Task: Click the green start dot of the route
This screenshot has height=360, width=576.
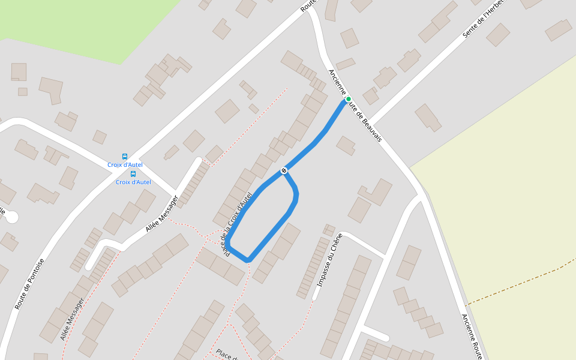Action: pos(348,99)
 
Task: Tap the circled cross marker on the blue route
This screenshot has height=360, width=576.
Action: pos(284,170)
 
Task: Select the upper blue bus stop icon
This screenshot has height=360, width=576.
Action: pos(125,157)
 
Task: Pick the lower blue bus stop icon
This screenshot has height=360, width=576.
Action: pos(133,174)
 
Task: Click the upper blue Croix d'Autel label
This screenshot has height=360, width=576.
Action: pos(125,165)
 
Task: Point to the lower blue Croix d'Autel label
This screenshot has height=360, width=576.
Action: pos(133,182)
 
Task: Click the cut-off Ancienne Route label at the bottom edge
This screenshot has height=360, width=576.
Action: pos(473,337)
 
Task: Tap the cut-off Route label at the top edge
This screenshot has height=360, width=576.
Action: pos(308,6)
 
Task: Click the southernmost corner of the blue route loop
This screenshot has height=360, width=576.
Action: pos(248,259)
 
